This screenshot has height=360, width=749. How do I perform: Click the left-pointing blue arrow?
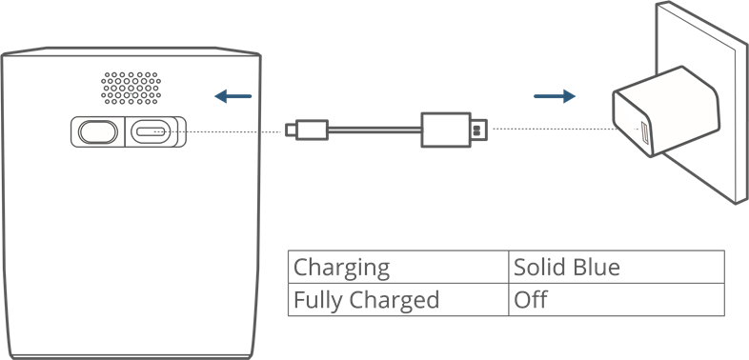pyautogui.click(x=233, y=95)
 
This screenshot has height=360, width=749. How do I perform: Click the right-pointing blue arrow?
pyautogui.click(x=555, y=95)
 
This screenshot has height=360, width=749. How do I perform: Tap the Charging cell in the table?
pyautogui.click(x=398, y=267)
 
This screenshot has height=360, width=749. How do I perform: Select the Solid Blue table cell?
pyautogui.click(x=616, y=267)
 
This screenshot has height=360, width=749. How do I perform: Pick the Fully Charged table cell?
pyautogui.click(x=398, y=301)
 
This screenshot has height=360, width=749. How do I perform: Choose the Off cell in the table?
pyautogui.click(x=616, y=301)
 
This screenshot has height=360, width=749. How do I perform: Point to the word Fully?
pyautogui.click(x=317, y=301)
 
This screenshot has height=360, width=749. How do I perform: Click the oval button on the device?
pyautogui.click(x=96, y=131)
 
